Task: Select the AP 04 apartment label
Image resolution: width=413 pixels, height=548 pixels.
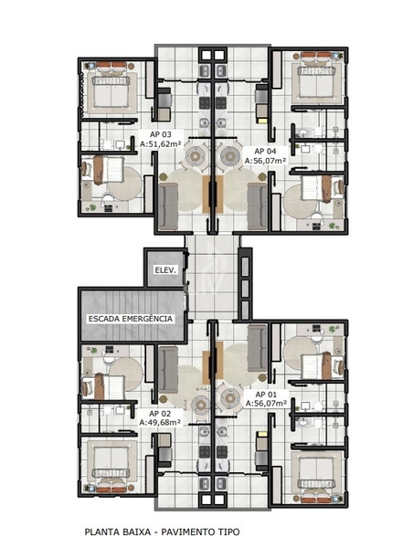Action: (x=265, y=150)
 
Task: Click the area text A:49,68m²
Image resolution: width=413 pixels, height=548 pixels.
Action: (x=159, y=423)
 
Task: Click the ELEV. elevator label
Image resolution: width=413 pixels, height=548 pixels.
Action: (x=164, y=271)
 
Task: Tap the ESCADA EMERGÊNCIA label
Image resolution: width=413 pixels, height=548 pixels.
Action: (x=130, y=318)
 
